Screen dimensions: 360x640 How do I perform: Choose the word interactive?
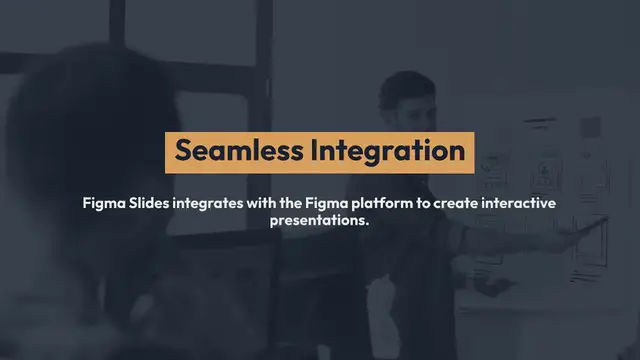coord(520,202)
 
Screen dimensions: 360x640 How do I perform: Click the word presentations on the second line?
coord(317,221)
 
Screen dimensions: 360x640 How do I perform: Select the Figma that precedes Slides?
coord(103,202)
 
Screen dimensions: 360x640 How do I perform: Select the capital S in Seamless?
coord(183,151)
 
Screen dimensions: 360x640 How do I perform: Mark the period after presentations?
coord(368,224)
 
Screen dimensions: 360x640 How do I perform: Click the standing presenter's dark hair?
coord(400,79)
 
